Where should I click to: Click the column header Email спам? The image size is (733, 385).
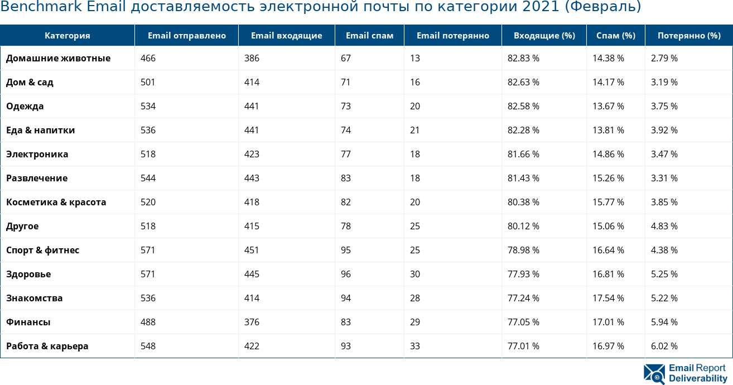(369, 36)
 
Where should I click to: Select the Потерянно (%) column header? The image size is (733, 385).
(689, 36)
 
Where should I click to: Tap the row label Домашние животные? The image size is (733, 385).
(58, 58)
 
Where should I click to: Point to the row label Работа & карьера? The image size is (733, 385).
(47, 346)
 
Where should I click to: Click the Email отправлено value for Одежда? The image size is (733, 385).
(148, 106)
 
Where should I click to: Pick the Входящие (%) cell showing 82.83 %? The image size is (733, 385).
(523, 58)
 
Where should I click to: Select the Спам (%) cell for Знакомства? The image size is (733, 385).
(608, 298)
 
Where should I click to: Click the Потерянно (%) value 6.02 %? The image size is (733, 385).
(664, 346)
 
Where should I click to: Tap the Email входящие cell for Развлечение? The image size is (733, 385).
(252, 178)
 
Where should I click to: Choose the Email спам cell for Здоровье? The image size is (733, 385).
(346, 274)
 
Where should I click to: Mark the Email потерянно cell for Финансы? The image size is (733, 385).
(415, 322)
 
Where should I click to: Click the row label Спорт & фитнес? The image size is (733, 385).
(42, 250)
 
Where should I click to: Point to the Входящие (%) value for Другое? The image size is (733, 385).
(523, 226)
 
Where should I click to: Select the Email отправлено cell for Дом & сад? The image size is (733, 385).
(148, 82)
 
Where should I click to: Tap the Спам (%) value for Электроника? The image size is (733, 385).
(608, 154)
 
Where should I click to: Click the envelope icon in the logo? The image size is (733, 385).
(654, 374)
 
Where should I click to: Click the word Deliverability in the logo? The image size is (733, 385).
(698, 378)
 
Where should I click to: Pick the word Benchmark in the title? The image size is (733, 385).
(38, 7)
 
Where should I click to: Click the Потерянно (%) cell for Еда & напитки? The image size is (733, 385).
(664, 130)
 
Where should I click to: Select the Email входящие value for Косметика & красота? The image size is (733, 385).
(252, 202)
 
